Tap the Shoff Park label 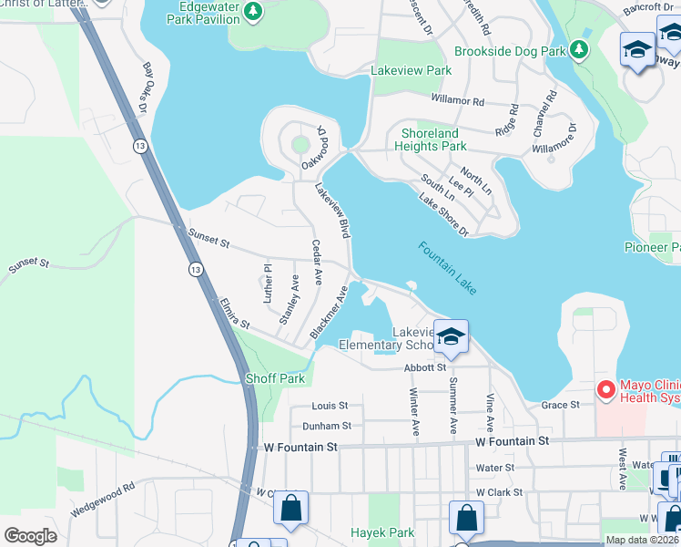click(275, 378)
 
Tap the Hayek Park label click(383, 532)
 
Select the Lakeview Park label click(412, 70)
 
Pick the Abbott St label click(424, 367)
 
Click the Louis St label click(330, 406)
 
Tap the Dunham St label click(328, 426)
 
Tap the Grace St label click(561, 405)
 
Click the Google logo click(30, 536)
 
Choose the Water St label click(495, 468)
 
